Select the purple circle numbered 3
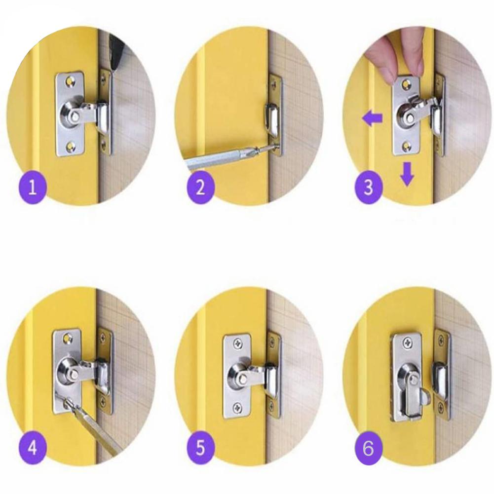[368, 188]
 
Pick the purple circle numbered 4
[33, 448]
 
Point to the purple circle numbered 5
[201, 448]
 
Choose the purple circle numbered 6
[368, 448]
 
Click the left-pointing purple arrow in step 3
[372, 119]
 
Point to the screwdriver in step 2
[230, 157]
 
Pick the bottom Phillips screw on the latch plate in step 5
[237, 408]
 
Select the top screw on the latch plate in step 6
[408, 341]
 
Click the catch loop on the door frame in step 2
[271, 119]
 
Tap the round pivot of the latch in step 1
[72, 115]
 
